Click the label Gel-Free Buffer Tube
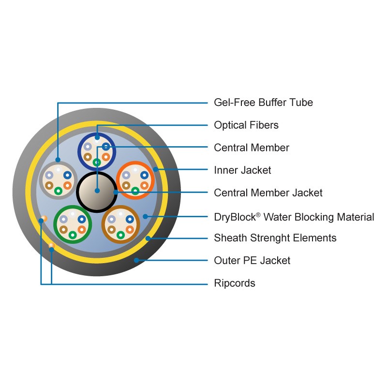(x=263, y=103)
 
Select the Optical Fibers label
(x=246, y=125)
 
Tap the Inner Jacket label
(x=242, y=170)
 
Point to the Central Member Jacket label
(x=268, y=193)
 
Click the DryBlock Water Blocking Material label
(x=294, y=217)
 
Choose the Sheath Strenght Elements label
(x=275, y=238)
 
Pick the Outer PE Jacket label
(x=252, y=260)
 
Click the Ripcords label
(x=235, y=283)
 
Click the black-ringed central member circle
(x=97, y=192)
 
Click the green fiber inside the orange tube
(x=135, y=191)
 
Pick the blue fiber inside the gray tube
(x=67, y=175)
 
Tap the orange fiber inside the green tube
(x=82, y=229)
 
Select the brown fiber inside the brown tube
(x=111, y=229)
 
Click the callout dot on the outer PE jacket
(x=136, y=260)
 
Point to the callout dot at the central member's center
(x=97, y=191)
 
